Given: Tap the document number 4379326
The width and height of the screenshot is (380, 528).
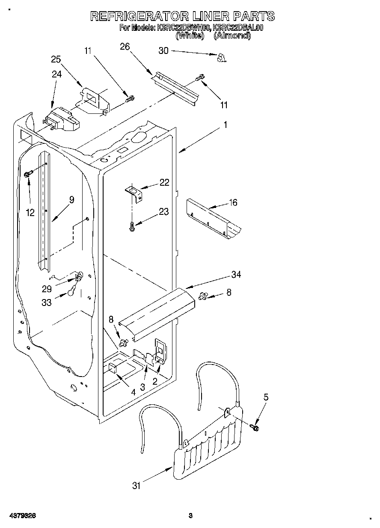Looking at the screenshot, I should [21, 516].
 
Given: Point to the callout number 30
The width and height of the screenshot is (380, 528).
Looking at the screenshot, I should [163, 50].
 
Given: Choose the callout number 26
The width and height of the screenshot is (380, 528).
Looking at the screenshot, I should [125, 47].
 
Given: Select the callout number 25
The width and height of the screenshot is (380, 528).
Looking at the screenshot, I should [56, 59].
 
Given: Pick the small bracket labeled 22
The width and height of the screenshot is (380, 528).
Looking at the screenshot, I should [134, 192].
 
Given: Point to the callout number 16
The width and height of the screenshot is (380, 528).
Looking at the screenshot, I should [233, 202].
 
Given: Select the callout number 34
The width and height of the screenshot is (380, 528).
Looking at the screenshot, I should [236, 275].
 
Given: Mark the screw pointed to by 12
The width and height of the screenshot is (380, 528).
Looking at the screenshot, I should [29, 174].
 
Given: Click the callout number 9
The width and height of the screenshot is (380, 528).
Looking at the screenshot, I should [71, 199].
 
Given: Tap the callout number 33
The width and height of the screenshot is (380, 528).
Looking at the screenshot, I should [47, 302].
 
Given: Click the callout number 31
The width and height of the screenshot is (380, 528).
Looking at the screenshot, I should [136, 485].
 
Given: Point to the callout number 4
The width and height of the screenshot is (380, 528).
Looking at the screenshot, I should [133, 392].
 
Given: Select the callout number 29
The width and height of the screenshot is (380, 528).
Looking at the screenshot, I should [47, 289].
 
